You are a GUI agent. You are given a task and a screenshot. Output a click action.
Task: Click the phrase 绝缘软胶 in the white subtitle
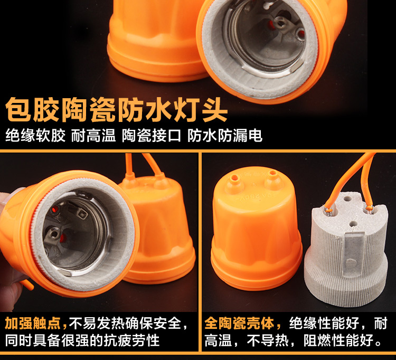[x=35, y=136]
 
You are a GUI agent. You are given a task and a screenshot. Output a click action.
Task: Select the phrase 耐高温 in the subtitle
[x=93, y=136]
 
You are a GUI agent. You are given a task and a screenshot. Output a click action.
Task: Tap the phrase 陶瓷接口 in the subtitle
[x=152, y=136]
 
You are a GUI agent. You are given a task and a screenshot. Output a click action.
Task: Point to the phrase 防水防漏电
[x=225, y=136]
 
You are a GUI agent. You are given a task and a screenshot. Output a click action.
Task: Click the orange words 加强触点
[x=33, y=323]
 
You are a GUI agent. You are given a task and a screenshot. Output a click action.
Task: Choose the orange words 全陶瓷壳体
[x=239, y=323]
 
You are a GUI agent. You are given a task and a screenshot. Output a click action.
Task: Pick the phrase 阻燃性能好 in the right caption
[x=338, y=340]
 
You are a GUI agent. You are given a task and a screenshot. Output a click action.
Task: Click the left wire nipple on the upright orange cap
[x=234, y=184]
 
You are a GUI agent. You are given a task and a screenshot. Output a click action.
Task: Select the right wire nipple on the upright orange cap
[x=274, y=180]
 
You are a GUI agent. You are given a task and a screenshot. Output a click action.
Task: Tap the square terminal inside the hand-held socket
[x=82, y=214]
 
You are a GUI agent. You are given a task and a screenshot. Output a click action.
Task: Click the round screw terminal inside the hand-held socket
[x=53, y=234]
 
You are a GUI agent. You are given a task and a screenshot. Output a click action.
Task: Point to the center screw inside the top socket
[x=280, y=23]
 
